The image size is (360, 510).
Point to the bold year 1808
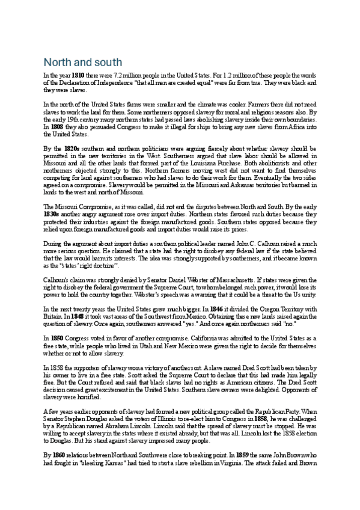(x=59, y=127)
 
